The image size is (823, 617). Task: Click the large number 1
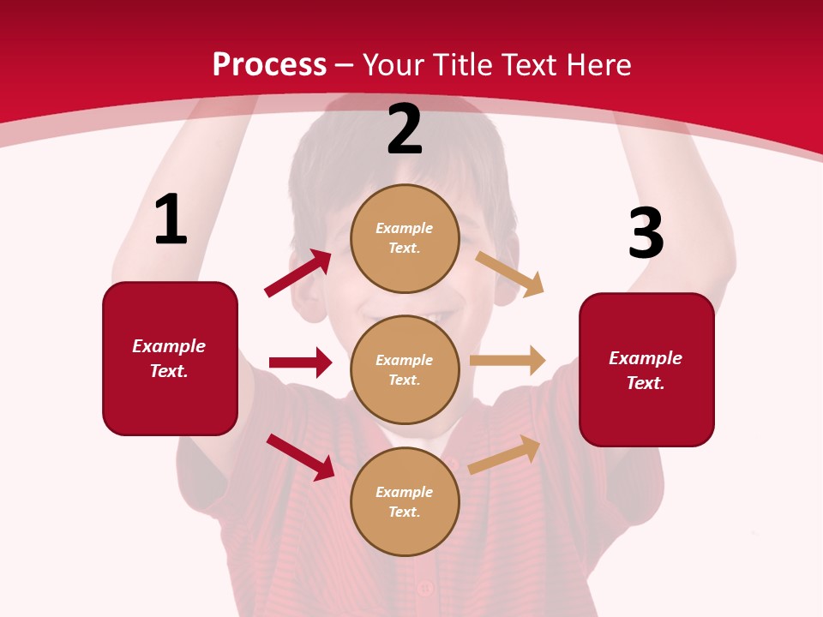(x=171, y=220)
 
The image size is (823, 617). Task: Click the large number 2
(x=405, y=130)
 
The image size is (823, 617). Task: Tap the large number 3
(x=646, y=234)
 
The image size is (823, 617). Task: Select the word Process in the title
(x=269, y=64)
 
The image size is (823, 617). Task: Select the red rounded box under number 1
(x=170, y=358)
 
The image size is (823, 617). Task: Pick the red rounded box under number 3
(x=646, y=369)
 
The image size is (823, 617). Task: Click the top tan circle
(x=405, y=238)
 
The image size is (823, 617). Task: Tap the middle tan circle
(x=405, y=369)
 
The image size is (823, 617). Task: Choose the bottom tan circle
(x=405, y=501)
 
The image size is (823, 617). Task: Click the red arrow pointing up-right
(x=298, y=273)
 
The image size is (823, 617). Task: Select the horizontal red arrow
(x=300, y=362)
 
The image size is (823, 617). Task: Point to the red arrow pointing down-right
(x=301, y=457)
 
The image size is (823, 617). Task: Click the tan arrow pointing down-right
(x=509, y=273)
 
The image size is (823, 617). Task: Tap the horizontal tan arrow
(x=508, y=361)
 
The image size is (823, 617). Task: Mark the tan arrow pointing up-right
(x=504, y=454)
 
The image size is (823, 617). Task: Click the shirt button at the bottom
(x=424, y=589)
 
